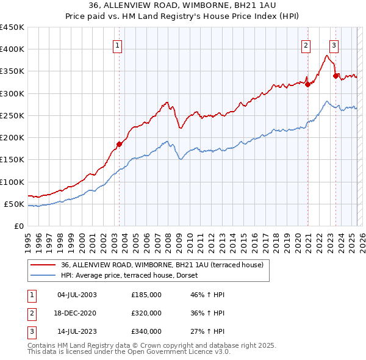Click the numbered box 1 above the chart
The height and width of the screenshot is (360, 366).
click(x=117, y=44)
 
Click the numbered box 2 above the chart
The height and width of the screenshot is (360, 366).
click(x=305, y=44)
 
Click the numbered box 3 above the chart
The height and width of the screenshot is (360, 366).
click(x=334, y=44)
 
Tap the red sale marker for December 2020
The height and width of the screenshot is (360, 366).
click(x=308, y=85)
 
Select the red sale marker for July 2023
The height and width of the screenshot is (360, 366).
click(x=335, y=76)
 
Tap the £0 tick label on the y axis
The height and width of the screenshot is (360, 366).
click(x=18, y=226)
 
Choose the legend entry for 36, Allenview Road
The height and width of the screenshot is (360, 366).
click(x=162, y=265)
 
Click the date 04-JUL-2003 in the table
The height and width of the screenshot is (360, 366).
click(x=77, y=295)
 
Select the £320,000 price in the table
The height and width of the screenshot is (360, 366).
click(x=146, y=313)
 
